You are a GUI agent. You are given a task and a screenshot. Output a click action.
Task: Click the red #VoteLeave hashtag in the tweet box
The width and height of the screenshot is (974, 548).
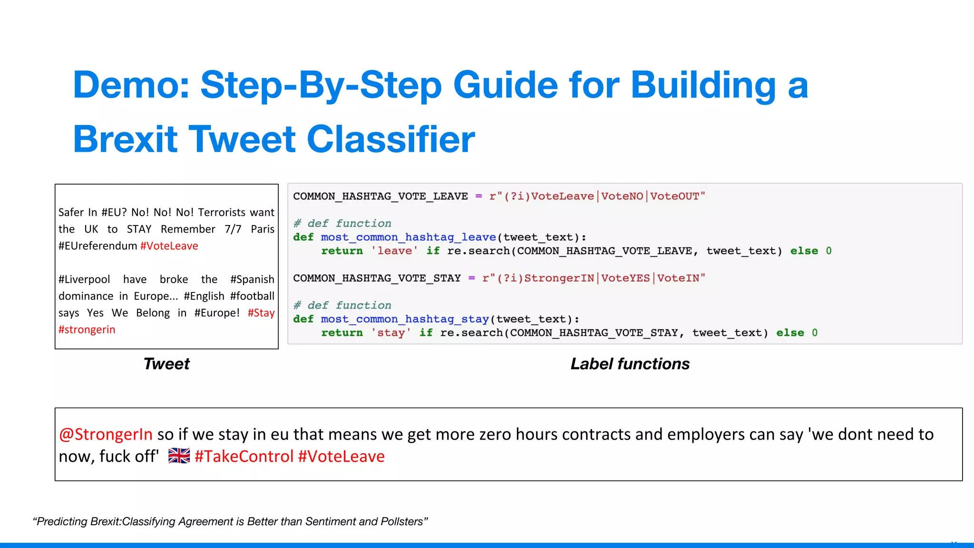169,246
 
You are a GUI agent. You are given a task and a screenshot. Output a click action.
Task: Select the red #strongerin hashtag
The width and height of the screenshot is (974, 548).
87,330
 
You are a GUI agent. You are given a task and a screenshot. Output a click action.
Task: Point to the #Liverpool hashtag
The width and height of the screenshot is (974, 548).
84,279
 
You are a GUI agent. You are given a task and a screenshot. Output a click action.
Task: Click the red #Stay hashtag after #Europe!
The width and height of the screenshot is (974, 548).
261,313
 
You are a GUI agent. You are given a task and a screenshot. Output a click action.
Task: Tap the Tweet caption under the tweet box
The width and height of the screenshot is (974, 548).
166,364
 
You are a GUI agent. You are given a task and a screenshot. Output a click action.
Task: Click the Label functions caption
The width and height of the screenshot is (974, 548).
630,364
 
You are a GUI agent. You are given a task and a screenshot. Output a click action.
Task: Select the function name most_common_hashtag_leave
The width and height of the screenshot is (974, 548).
408,237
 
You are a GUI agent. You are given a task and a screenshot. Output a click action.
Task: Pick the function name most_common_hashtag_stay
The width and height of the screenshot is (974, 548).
405,319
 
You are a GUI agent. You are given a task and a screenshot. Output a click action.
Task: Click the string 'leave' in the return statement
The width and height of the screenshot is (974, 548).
394,251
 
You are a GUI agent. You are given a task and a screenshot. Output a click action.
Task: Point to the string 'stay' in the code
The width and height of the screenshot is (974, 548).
391,333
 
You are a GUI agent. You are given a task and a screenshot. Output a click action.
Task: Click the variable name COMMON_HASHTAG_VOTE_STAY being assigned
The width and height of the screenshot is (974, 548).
377,278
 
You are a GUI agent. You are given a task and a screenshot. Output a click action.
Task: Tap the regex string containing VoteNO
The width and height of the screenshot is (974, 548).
597,196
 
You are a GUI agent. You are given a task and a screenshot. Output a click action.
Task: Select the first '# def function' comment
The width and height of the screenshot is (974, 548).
342,223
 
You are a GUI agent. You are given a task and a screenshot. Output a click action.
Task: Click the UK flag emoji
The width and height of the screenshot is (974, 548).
179,456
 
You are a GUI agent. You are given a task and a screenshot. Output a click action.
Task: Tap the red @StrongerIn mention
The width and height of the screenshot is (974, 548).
106,434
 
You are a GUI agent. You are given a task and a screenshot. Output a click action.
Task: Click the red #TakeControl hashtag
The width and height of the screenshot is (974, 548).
244,457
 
